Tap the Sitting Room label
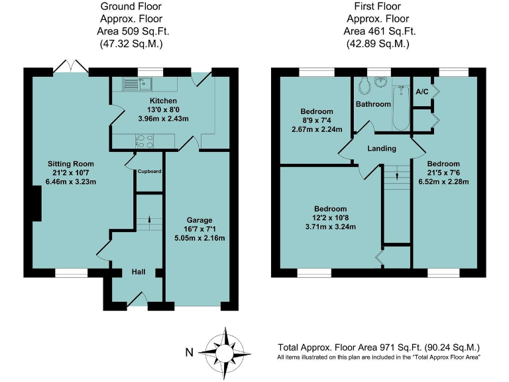[x=70, y=163]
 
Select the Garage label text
[x=199, y=220]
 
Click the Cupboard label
[x=150, y=171]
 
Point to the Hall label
[x=138, y=272]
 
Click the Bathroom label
[x=373, y=104]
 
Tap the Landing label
[x=382, y=149]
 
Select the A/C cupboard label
[x=421, y=92]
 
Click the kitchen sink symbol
[x=137, y=84]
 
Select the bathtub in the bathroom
[x=401, y=107]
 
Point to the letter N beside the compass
[x=189, y=352]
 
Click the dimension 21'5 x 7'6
[x=443, y=172]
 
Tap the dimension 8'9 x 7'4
[x=317, y=120]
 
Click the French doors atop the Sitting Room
[x=70, y=66]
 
